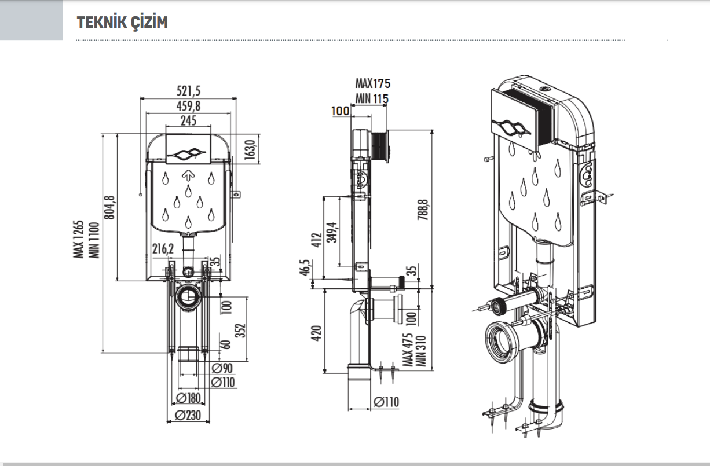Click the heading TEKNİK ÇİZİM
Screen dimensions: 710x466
tap(122, 22)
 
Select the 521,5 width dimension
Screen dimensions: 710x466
tap(189, 91)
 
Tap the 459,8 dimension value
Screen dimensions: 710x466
tap(189, 106)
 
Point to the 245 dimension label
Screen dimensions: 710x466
tap(189, 121)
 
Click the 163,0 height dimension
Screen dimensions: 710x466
tap(250, 150)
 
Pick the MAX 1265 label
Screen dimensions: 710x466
tap(78, 239)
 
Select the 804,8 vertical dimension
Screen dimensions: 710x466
tap(109, 207)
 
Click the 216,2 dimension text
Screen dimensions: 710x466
tap(163, 249)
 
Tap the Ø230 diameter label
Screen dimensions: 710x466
tap(188, 415)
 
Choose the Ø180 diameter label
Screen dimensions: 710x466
tap(188, 398)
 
